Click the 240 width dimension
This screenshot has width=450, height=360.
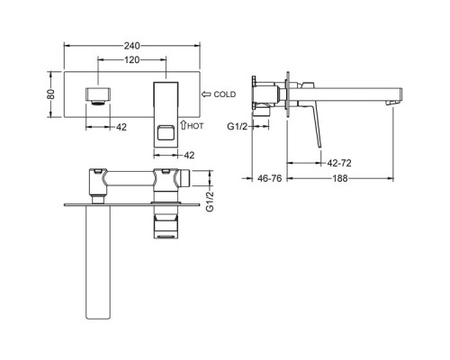(x=132, y=46)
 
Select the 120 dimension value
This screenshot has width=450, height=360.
(x=132, y=60)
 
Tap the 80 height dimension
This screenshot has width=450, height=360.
(x=51, y=94)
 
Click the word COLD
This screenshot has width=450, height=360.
(x=225, y=94)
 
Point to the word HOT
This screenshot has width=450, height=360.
(x=195, y=126)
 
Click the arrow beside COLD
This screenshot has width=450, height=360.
(x=206, y=94)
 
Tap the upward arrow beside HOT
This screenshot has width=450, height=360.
(x=184, y=125)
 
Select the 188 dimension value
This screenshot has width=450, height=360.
(x=340, y=178)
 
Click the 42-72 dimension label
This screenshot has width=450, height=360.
(x=339, y=163)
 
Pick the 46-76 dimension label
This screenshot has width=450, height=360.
(x=270, y=178)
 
